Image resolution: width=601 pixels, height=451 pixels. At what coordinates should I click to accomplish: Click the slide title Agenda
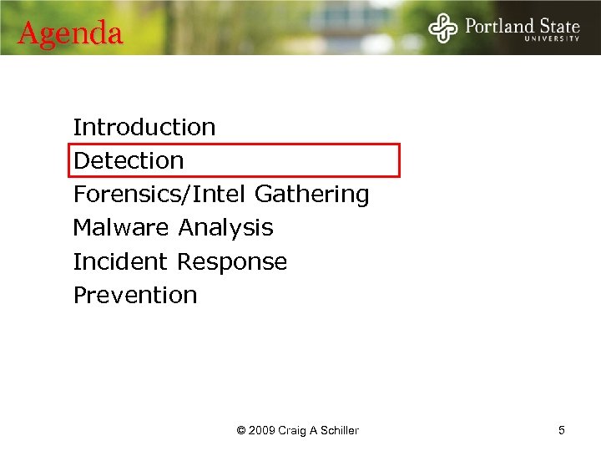(70, 33)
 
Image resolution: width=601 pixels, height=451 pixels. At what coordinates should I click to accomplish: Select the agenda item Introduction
(144, 128)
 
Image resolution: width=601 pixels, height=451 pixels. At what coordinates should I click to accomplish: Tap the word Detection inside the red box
(129, 160)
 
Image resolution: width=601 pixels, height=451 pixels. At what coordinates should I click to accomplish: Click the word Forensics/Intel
(160, 195)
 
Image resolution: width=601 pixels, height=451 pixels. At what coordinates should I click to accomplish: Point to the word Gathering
(311, 195)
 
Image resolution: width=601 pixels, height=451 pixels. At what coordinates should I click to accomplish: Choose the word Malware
(123, 228)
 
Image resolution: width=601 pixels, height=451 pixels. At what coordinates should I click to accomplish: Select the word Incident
(121, 261)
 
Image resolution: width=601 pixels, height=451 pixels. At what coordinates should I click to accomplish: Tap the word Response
(232, 262)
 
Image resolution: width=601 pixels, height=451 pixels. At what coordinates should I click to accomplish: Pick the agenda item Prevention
(135, 295)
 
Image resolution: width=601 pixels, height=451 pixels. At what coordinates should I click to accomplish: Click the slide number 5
(562, 430)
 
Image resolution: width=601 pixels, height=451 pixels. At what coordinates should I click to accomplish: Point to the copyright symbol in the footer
(241, 431)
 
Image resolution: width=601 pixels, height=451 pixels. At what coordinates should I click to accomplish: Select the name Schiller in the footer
(338, 431)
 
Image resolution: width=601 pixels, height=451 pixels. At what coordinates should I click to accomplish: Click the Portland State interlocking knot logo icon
(443, 28)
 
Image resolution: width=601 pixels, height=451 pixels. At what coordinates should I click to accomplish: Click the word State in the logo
(557, 25)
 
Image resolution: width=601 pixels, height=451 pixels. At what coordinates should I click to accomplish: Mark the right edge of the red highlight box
(399, 160)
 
